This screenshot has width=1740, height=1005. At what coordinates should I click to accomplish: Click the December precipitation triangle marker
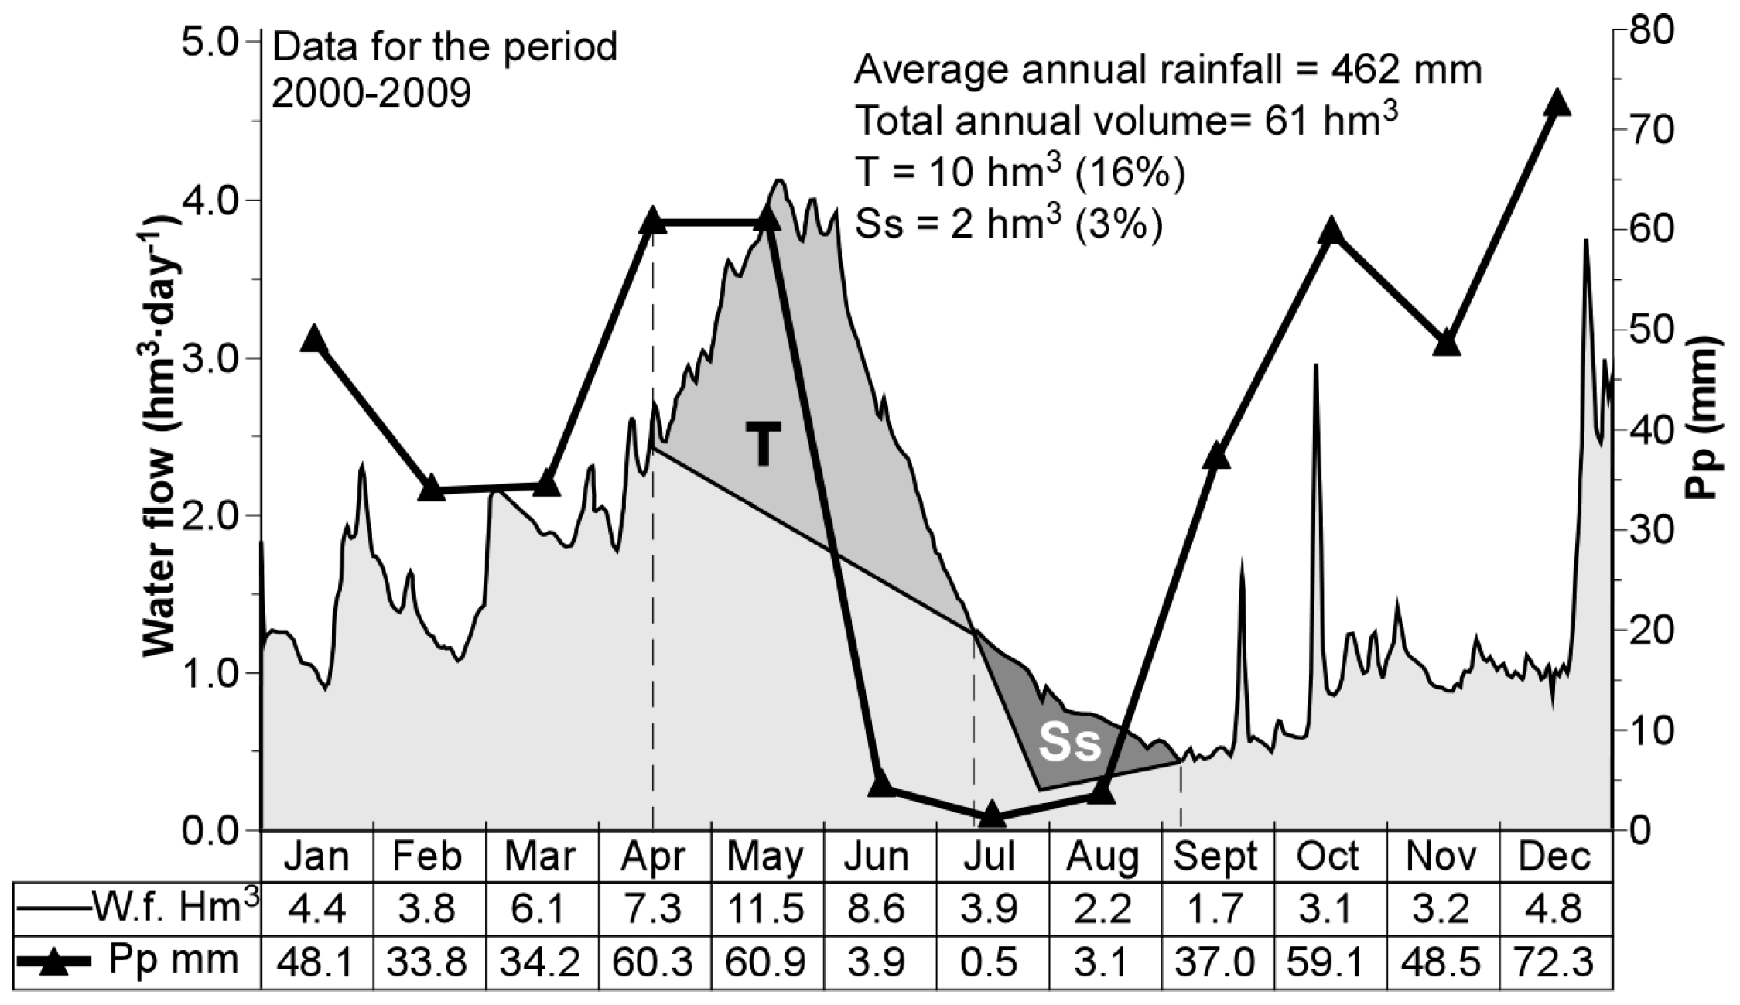pyautogui.click(x=1557, y=104)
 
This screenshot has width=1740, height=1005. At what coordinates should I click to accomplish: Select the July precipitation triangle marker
pyautogui.click(x=993, y=815)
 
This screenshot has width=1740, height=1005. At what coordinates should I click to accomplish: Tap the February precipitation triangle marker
pyautogui.click(x=431, y=490)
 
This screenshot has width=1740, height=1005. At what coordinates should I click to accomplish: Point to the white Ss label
pyautogui.click(x=1069, y=743)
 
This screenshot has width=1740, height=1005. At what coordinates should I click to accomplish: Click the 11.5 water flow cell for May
pyautogui.click(x=765, y=908)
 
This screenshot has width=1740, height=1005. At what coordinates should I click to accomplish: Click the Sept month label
pyautogui.click(x=1215, y=856)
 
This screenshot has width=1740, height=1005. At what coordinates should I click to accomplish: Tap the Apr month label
pyautogui.click(x=654, y=856)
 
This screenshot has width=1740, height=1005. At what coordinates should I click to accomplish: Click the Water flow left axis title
pyautogui.click(x=162, y=433)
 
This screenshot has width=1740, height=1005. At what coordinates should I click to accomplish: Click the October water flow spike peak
pyautogui.click(x=1314, y=365)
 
